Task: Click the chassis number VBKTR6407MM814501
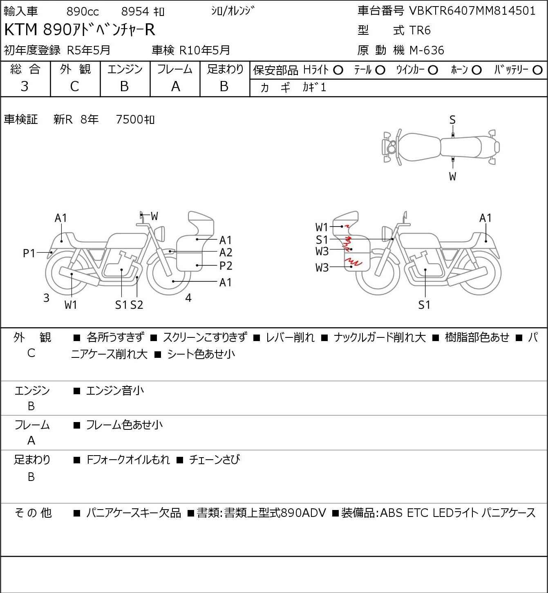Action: click(472, 11)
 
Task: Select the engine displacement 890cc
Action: click(83, 11)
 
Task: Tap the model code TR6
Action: click(420, 30)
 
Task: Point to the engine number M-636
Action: click(427, 50)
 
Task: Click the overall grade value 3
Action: click(25, 87)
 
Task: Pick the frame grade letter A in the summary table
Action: click(175, 87)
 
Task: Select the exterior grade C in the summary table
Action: click(74, 87)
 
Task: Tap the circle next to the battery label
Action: click(537, 70)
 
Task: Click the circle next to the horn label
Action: click(476, 70)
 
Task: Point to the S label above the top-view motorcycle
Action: click(452, 120)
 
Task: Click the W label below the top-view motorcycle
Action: click(452, 176)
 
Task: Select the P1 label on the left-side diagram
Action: click(29, 254)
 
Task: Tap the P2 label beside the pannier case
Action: click(226, 266)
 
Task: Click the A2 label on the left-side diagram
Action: click(226, 253)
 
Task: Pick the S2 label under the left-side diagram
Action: click(137, 305)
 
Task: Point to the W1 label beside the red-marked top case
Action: click(322, 227)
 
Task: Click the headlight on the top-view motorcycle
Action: click(391, 147)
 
